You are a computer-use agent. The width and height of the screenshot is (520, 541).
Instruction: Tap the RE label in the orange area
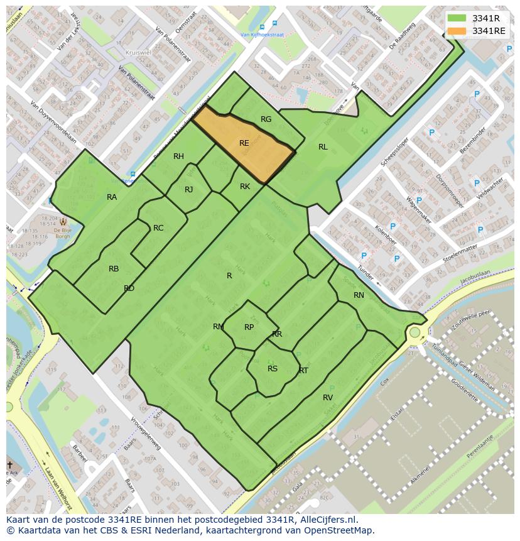click(244, 143)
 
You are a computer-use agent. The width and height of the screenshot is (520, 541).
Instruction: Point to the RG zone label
click(266, 119)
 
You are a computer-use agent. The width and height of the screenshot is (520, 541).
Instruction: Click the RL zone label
click(323, 147)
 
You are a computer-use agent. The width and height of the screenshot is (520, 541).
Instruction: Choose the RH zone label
click(179, 156)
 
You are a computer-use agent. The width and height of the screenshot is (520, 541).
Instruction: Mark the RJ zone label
click(189, 190)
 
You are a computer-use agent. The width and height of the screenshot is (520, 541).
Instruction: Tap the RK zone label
click(245, 187)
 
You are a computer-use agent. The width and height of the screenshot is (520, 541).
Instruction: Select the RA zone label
click(112, 197)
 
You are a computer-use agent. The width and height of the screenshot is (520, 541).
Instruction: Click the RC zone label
click(158, 228)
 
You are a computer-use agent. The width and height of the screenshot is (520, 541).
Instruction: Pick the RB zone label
click(114, 269)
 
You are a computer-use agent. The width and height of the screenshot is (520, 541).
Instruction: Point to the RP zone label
click(249, 327)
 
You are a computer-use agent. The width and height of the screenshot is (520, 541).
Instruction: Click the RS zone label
click(273, 369)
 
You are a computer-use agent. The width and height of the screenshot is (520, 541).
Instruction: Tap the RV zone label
click(328, 398)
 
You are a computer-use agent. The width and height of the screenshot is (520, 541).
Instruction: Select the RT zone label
click(303, 371)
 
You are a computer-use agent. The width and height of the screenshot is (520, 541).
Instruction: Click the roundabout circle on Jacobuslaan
click(414, 332)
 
